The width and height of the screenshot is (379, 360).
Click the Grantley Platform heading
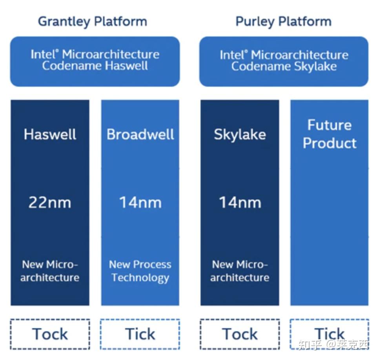click(x=93, y=21)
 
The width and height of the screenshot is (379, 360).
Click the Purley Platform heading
click(x=283, y=21)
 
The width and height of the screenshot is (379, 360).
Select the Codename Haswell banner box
click(x=95, y=61)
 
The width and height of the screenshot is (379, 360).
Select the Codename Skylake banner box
click(x=284, y=61)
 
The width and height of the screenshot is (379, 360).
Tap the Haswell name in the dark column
click(x=50, y=135)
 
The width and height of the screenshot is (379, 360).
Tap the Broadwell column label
click(x=140, y=135)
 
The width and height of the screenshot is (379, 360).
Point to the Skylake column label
click(x=240, y=135)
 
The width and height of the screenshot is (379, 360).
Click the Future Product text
click(x=330, y=134)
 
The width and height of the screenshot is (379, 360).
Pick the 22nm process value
click(x=50, y=203)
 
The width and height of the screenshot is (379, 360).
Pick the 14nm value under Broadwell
click(x=140, y=203)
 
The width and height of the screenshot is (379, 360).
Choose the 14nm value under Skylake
click(x=240, y=203)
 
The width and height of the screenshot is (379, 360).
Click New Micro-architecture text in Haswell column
click(x=50, y=271)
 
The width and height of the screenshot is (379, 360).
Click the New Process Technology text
click(x=140, y=271)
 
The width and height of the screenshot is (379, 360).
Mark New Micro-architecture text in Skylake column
click(x=240, y=271)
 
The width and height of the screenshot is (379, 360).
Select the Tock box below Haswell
click(x=50, y=334)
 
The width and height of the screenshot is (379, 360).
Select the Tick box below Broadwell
click(x=140, y=334)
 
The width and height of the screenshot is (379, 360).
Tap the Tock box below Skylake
click(x=240, y=334)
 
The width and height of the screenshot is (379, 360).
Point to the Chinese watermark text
click(x=333, y=345)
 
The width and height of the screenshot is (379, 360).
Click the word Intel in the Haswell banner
click(x=44, y=54)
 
